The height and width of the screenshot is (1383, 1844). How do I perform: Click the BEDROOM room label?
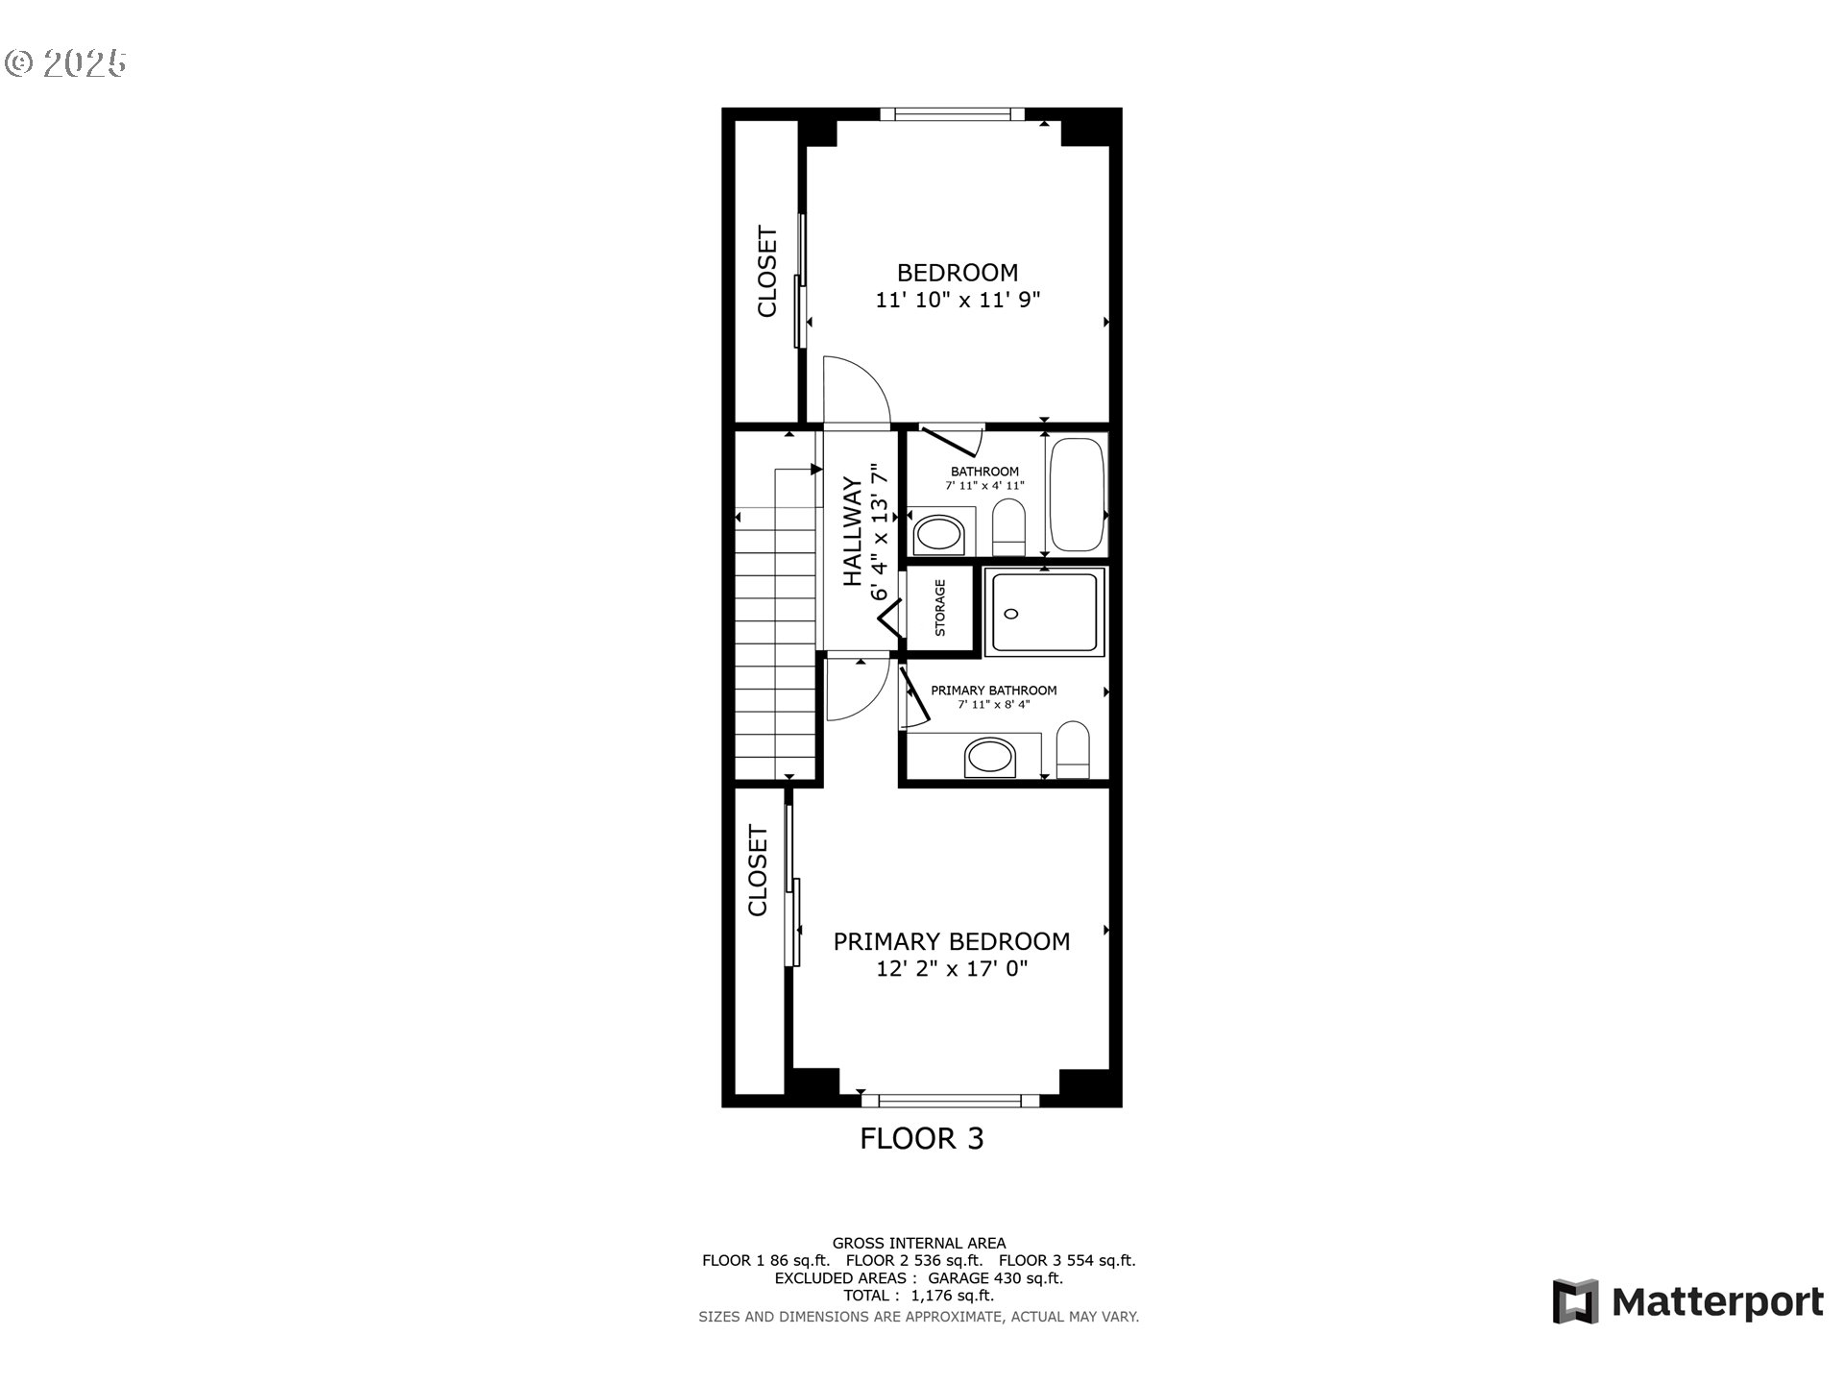click(x=957, y=273)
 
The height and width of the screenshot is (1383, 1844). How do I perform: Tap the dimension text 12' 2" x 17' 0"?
click(x=951, y=969)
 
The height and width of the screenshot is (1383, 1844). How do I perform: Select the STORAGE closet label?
click(x=940, y=608)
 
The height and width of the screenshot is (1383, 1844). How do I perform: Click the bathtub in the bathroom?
click(x=1077, y=495)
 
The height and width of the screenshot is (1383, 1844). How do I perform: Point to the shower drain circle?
click(x=1011, y=614)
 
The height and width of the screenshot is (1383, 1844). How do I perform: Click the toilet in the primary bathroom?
click(x=1073, y=750)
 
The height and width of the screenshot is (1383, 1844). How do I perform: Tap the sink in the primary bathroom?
click(x=990, y=758)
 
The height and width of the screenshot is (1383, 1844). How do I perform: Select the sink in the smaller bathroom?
click(x=938, y=534)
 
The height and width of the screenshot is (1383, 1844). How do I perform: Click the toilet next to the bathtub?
click(x=1008, y=526)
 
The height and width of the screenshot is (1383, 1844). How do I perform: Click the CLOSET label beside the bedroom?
click(x=766, y=272)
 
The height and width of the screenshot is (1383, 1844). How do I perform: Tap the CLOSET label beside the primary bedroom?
click(x=758, y=871)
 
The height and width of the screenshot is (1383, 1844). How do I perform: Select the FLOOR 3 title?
click(x=921, y=1139)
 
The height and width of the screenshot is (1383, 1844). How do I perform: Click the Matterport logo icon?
click(x=1575, y=1301)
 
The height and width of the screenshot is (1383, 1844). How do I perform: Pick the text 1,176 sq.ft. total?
click(x=952, y=1296)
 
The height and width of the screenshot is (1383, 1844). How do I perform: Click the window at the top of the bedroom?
click(x=952, y=114)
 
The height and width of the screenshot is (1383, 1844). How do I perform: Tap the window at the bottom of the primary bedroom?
click(x=950, y=1101)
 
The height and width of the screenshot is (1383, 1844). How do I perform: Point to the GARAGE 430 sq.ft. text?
click(x=995, y=1278)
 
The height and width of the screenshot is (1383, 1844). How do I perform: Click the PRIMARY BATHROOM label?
click(x=993, y=691)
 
